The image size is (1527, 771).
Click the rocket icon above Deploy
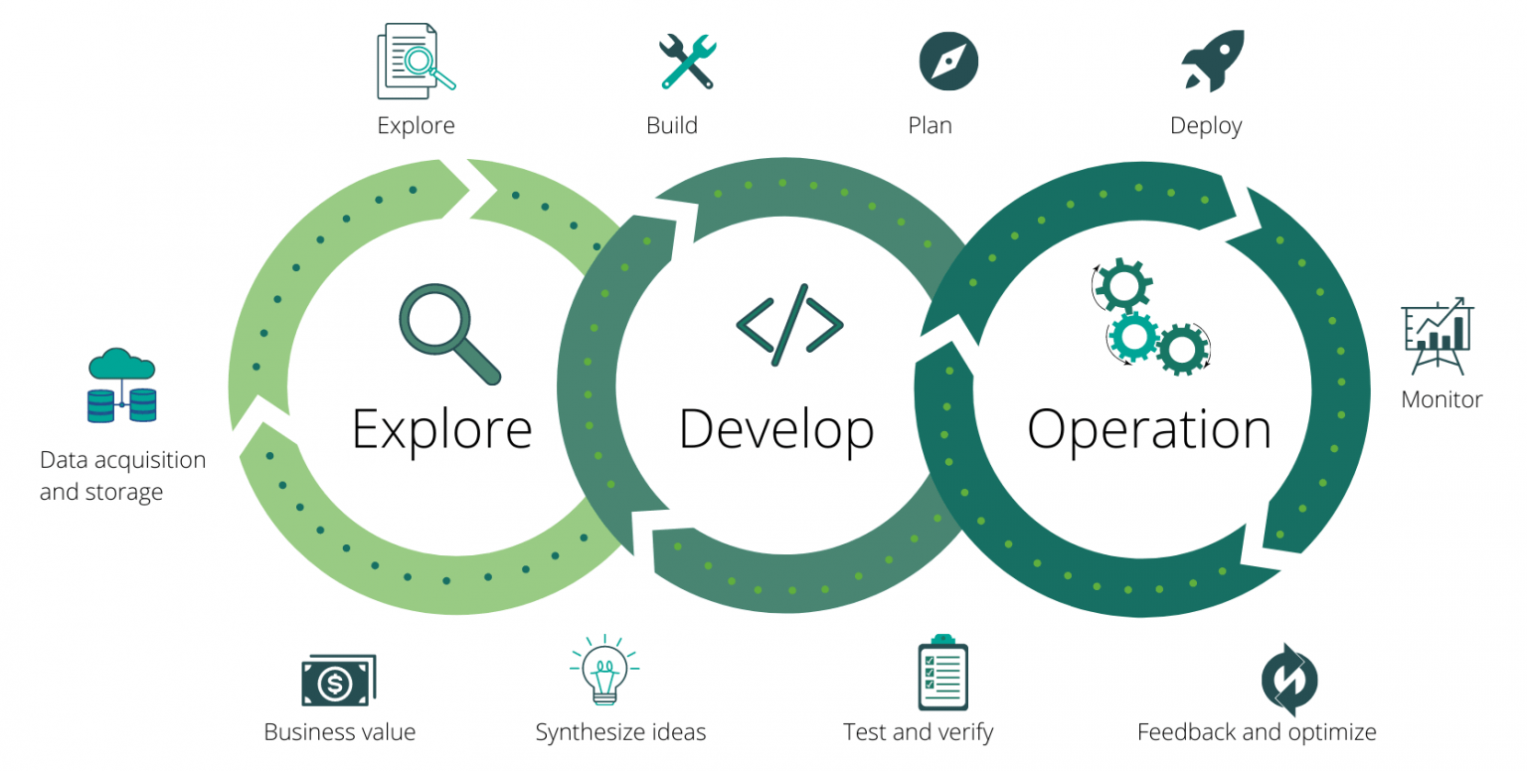click(x=1212, y=61)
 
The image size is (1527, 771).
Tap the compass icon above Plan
click(x=948, y=61)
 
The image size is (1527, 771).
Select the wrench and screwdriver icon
click(x=687, y=62)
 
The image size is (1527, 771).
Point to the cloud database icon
click(x=121, y=385)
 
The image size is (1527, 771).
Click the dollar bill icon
click(x=338, y=682)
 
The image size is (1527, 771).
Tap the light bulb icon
click(x=603, y=671)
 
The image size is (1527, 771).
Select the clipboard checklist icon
click(x=942, y=673)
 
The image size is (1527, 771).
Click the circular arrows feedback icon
click(x=1288, y=680)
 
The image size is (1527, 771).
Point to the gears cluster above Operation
click(x=1150, y=317)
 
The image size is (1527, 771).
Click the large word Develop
click(x=775, y=429)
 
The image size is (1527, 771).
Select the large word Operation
click(x=1148, y=429)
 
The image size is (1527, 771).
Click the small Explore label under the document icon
click(x=416, y=125)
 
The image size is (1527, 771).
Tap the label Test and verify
click(x=918, y=733)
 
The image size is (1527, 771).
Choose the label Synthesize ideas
click(x=620, y=733)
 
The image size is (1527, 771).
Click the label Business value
click(x=339, y=733)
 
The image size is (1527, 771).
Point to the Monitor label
click(x=1442, y=399)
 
